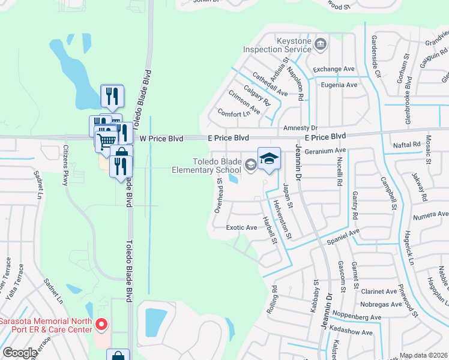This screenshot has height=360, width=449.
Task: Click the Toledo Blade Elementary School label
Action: click(217, 166)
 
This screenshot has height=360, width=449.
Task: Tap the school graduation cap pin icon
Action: click(269, 159)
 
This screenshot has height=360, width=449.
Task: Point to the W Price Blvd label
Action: click(161, 138)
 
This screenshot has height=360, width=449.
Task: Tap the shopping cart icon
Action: click(106, 140)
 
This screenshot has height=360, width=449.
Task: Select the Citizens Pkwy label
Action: click(67, 161)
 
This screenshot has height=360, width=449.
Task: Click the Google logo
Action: click(20, 353)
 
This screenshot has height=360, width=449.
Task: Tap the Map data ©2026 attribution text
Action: click(423, 355)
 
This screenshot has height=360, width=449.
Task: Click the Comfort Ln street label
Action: click(234, 113)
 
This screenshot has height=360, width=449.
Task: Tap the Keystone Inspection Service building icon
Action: click(321, 44)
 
